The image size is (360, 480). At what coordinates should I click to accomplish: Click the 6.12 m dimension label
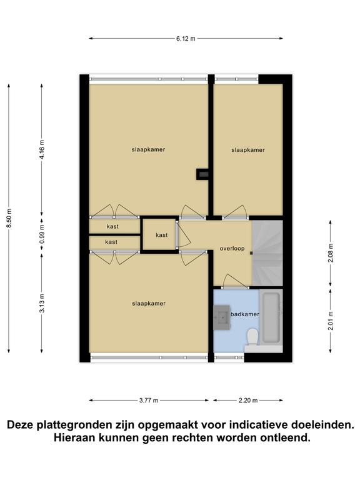(x=186, y=39)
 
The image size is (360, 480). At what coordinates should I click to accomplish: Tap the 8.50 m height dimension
(x=9, y=217)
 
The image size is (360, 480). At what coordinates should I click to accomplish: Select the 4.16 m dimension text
(x=42, y=149)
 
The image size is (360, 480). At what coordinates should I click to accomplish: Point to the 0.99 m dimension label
(x=42, y=234)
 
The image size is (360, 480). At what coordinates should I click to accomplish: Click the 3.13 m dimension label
(x=42, y=302)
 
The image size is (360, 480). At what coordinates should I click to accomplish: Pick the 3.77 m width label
(x=149, y=400)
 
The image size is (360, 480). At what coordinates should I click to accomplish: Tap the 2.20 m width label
(x=248, y=400)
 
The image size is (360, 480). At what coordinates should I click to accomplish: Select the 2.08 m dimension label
(x=330, y=253)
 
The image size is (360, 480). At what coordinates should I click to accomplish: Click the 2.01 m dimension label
(x=330, y=321)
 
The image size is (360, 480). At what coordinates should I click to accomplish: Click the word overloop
(x=232, y=248)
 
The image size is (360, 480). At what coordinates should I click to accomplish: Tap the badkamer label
(x=244, y=314)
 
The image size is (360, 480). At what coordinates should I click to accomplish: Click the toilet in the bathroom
(x=252, y=337)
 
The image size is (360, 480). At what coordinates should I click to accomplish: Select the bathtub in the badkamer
(x=271, y=317)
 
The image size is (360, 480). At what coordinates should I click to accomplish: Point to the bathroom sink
(x=222, y=317)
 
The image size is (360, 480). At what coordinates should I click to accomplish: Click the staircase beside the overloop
(x=267, y=253)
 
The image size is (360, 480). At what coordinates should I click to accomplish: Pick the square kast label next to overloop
(x=162, y=235)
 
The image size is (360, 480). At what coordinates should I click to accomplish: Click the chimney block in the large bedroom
(x=202, y=174)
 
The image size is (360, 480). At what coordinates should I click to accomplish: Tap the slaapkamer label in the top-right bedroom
(x=248, y=150)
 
